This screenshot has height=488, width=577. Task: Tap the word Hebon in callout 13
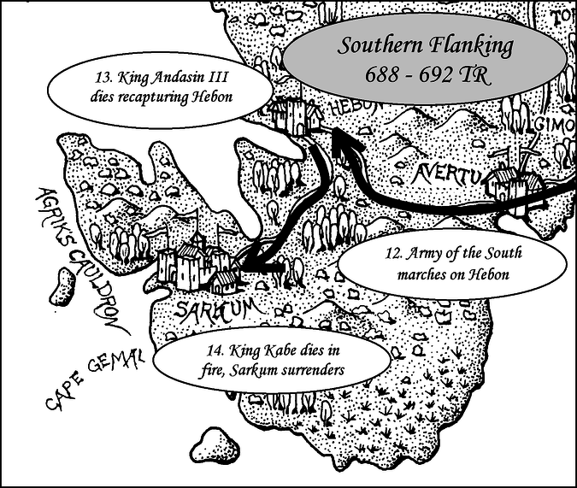point(213,97)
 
